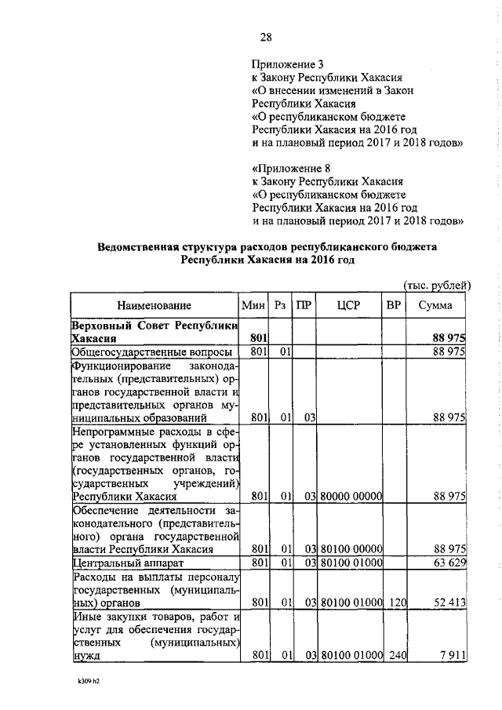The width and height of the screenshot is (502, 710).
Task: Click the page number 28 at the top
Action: click(265, 38)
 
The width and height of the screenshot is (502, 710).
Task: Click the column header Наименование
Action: click(155, 305)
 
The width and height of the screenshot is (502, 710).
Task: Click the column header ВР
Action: click(394, 305)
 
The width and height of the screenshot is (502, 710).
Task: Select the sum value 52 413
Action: click(449, 603)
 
